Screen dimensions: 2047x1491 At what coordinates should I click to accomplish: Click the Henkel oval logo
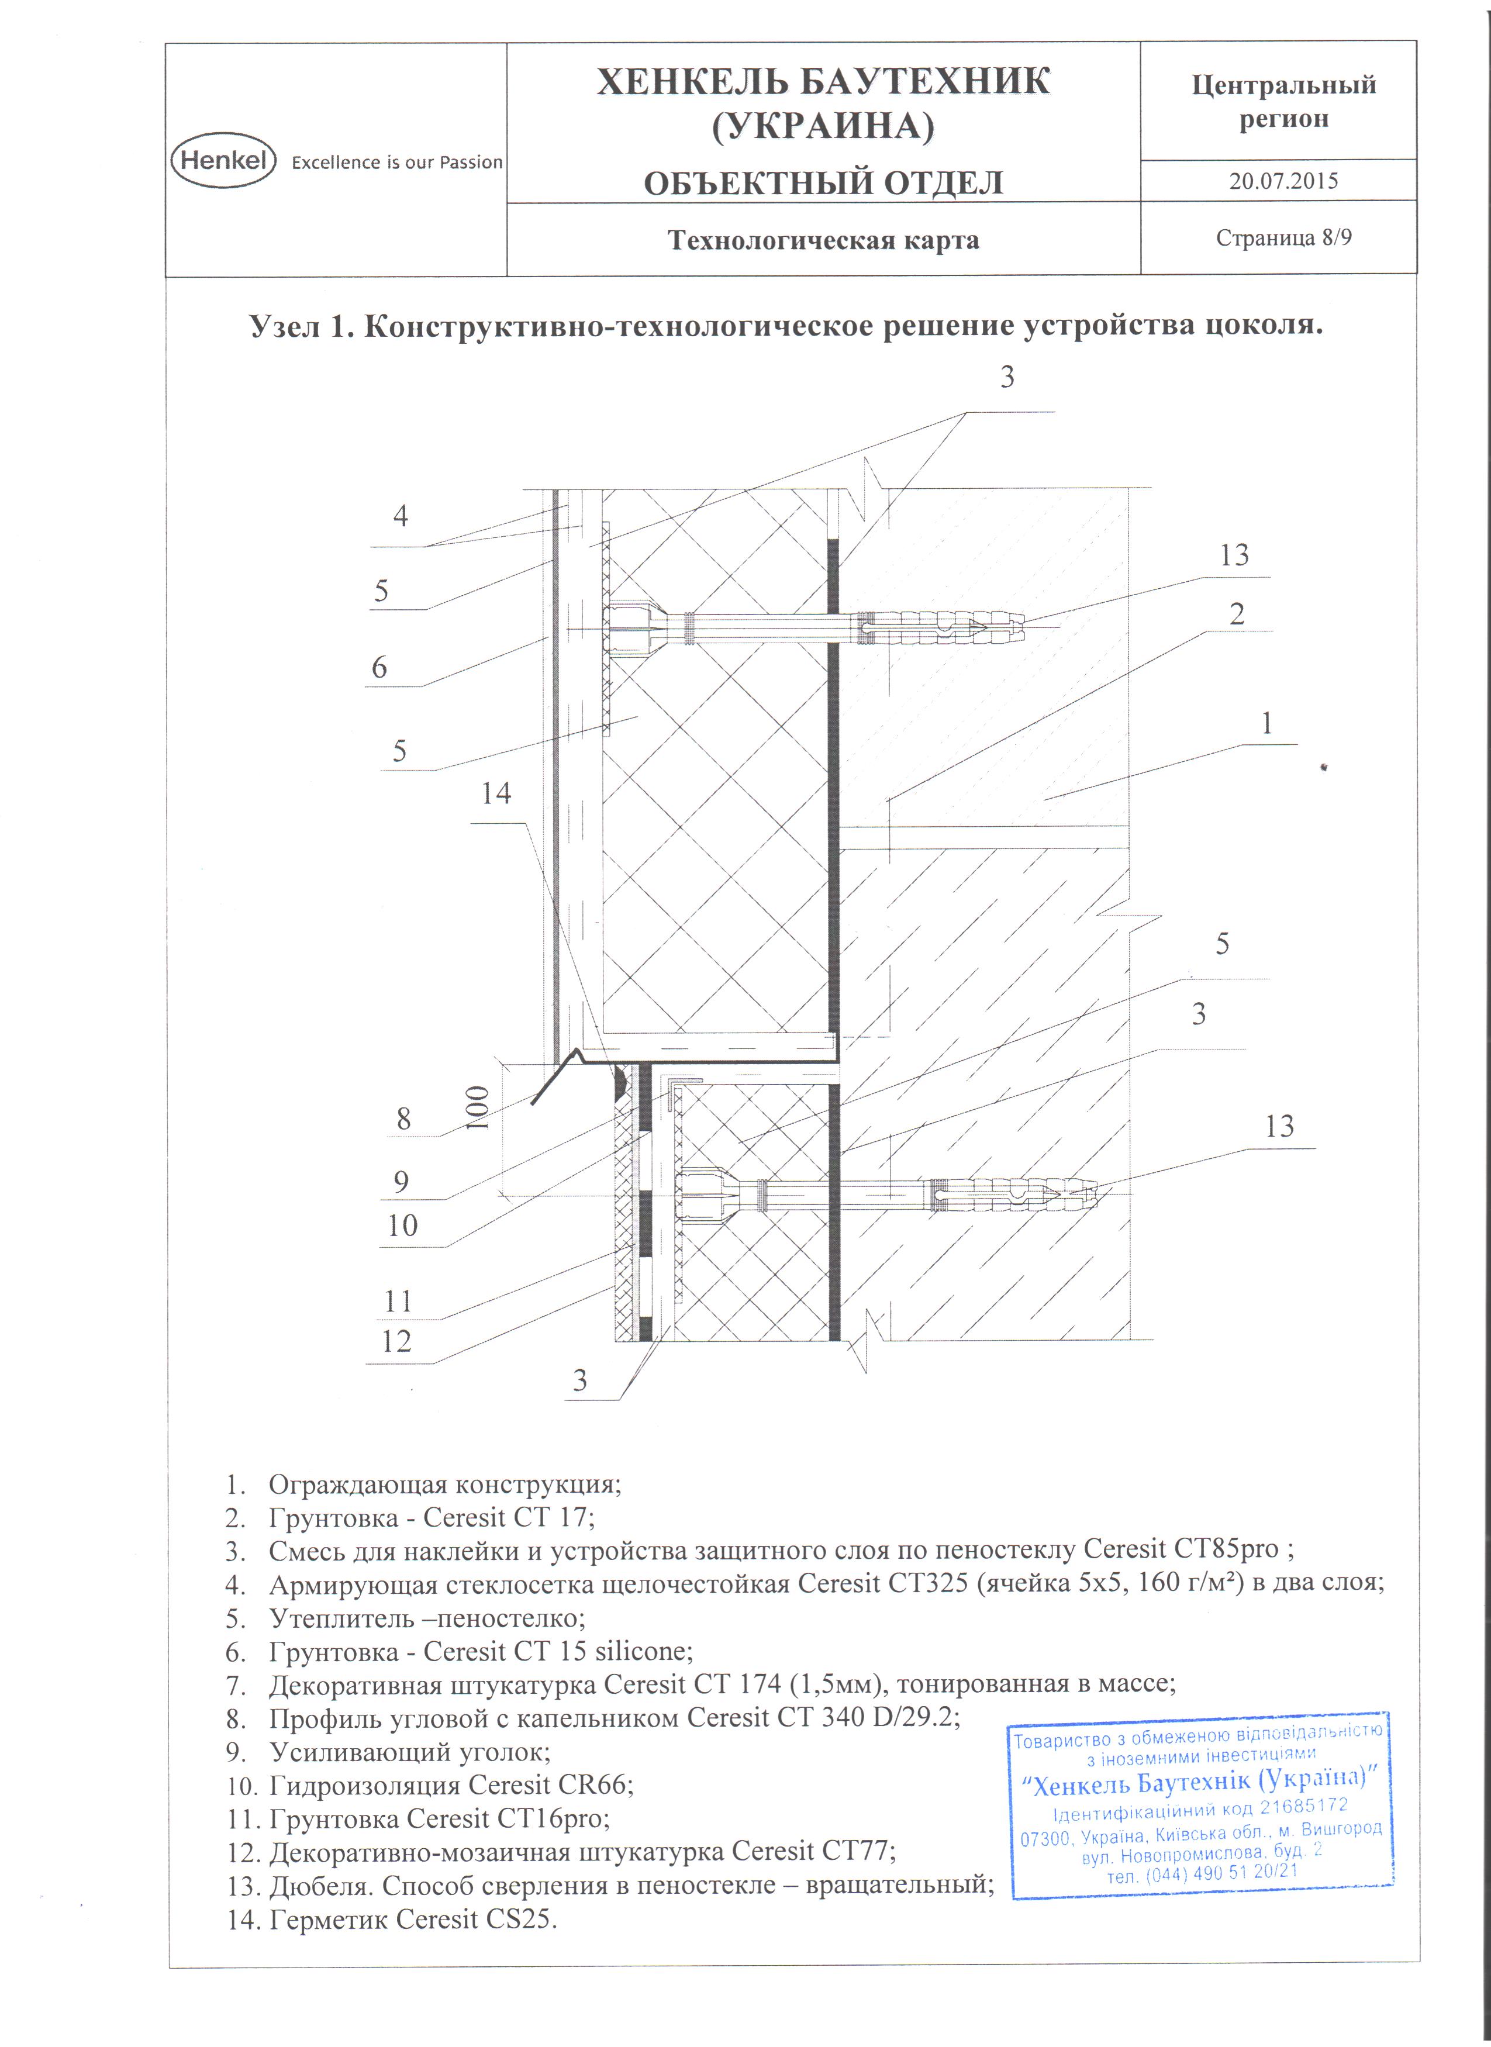[x=222, y=160]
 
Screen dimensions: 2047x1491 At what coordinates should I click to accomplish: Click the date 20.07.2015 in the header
[x=1282, y=181]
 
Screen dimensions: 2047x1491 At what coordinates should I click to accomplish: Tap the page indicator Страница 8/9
[x=1282, y=239]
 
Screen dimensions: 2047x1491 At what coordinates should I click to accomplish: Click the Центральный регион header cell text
[x=1282, y=101]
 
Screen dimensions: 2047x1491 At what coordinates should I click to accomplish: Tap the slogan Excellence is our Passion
[x=396, y=163]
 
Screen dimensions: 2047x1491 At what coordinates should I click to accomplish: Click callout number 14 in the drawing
[x=495, y=793]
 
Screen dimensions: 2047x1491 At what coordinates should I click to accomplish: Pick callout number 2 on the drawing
[x=1237, y=614]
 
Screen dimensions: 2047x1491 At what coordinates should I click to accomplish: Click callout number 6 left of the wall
[x=379, y=668]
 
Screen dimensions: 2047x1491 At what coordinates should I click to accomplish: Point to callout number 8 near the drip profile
[x=403, y=1119]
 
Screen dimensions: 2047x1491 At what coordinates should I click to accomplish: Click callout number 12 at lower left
[x=396, y=1341]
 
